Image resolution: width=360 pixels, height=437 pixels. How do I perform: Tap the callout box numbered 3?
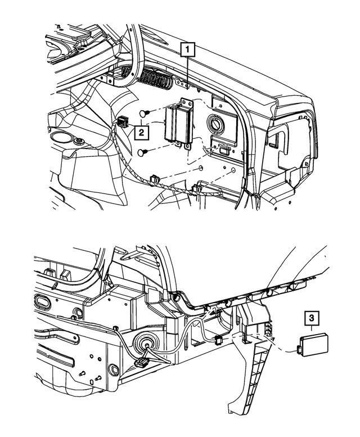pyautogui.click(x=312, y=319)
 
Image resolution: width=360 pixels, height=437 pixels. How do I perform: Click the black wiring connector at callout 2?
pyautogui.click(x=124, y=121)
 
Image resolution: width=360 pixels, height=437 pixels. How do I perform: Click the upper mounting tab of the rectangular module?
pyautogui.click(x=185, y=101)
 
